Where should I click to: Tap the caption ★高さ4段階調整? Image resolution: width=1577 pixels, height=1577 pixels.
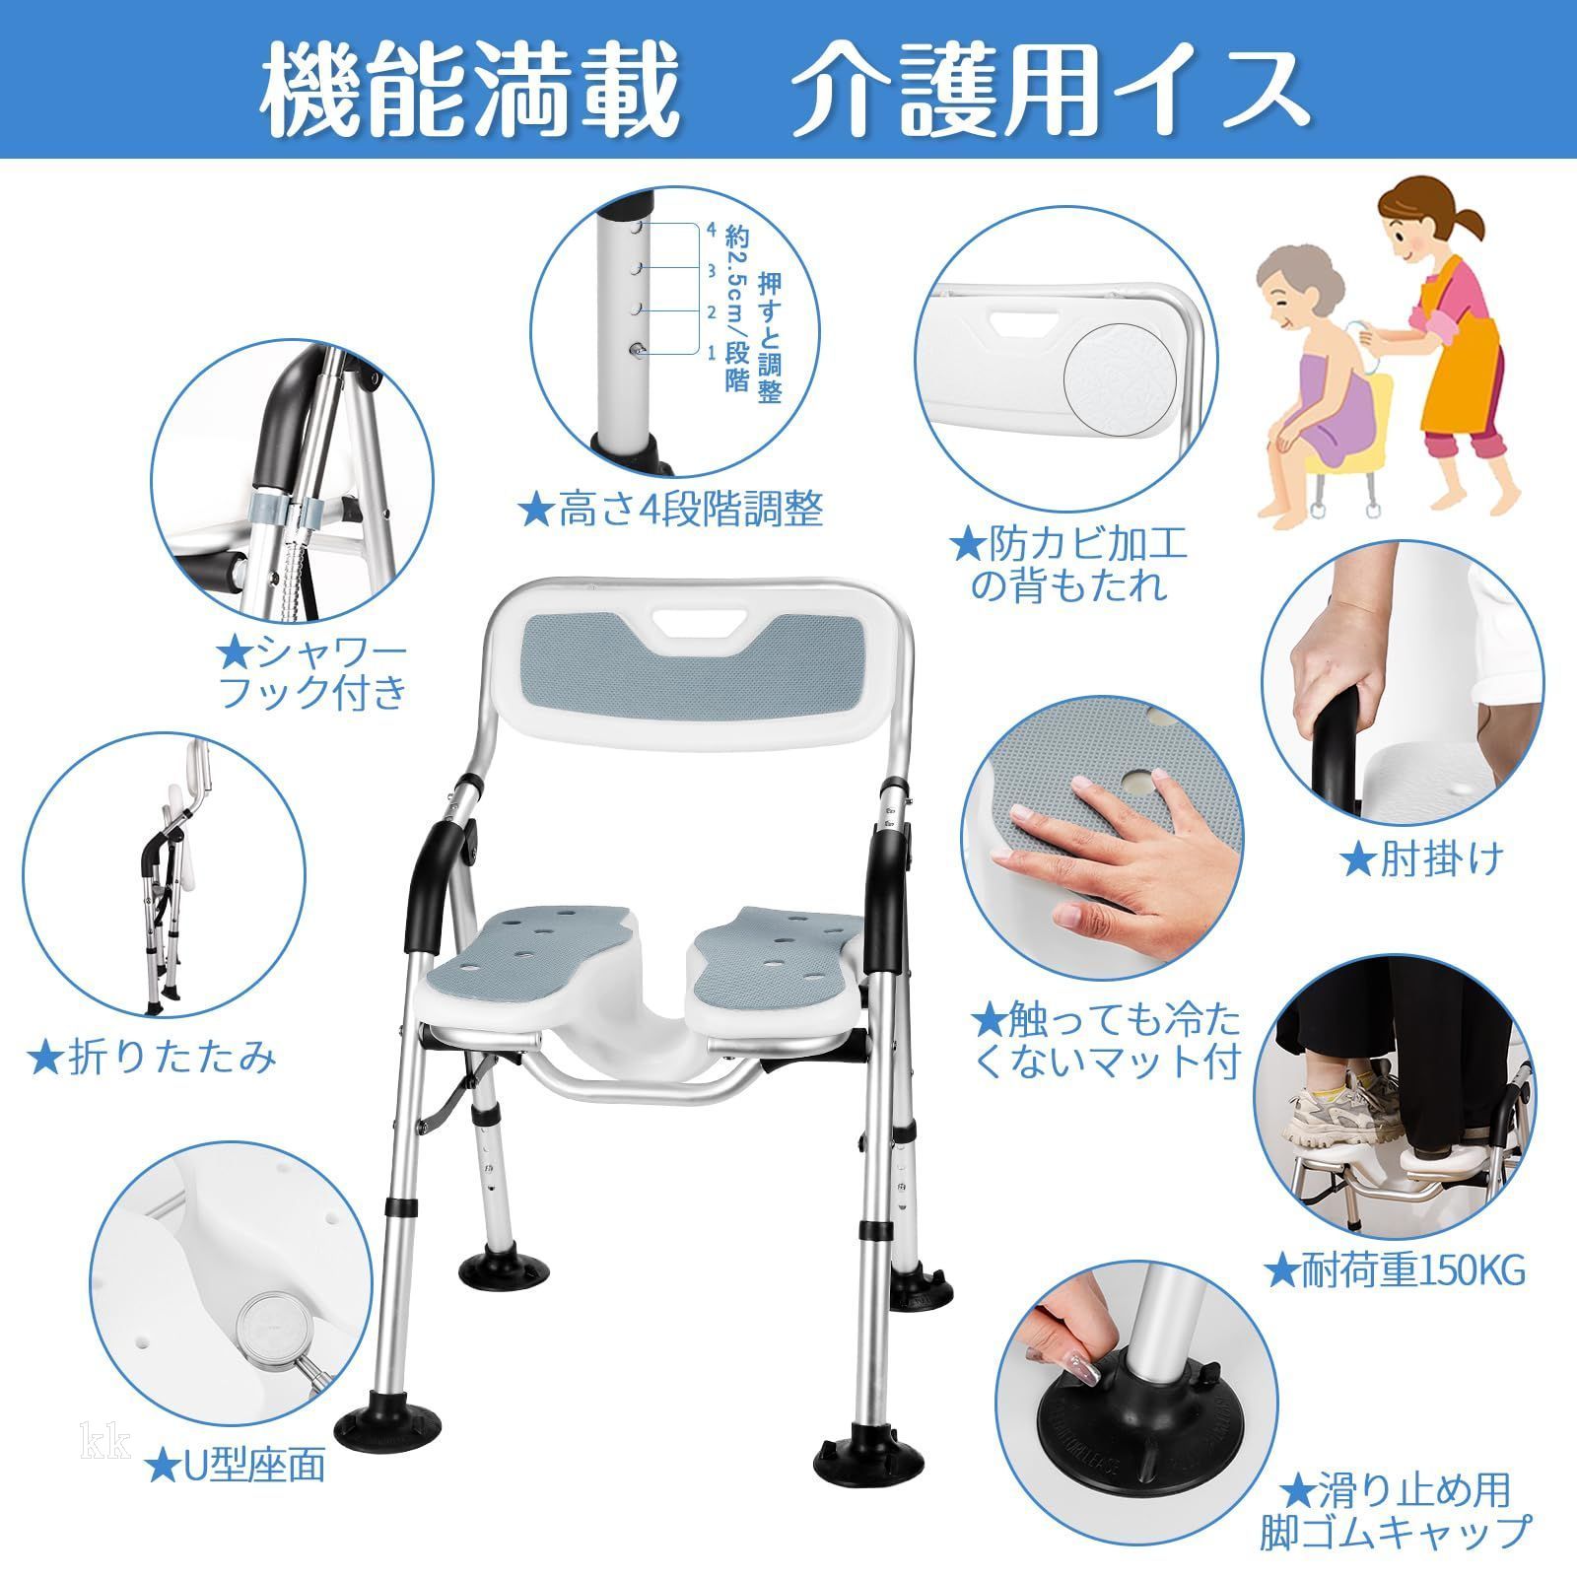(x=671, y=510)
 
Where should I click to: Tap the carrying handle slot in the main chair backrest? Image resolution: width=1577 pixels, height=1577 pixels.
(x=698, y=623)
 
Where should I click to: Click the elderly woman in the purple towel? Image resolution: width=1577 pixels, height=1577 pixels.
(x=1321, y=394)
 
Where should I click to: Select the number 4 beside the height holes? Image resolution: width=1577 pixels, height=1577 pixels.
(x=712, y=229)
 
